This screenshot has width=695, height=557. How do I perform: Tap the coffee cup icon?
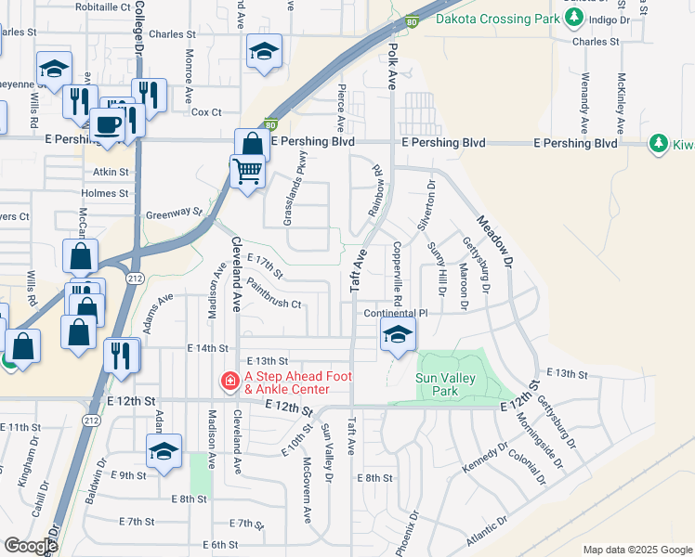point(109,124)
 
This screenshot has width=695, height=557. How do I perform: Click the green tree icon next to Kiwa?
point(659,144)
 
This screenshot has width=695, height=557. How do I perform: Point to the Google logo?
point(31,546)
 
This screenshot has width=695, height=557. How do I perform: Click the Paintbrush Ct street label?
point(274,304)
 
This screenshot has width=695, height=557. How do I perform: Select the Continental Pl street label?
point(395,314)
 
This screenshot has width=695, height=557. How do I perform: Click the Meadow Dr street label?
point(494,242)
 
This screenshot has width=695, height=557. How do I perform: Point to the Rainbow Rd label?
point(377,190)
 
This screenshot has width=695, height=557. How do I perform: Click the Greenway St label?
point(173,214)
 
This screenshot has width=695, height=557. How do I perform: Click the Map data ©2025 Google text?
point(638,550)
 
